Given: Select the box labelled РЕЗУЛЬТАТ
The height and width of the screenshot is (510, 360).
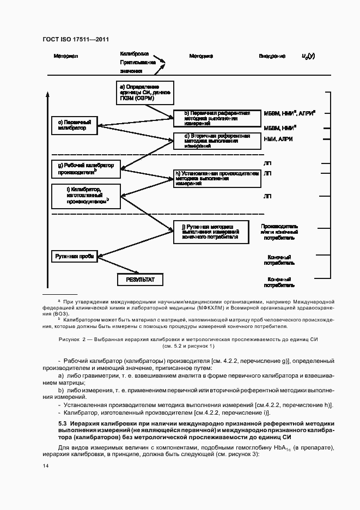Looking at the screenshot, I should point(141,280).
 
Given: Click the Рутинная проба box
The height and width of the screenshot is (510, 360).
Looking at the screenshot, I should point(74,256).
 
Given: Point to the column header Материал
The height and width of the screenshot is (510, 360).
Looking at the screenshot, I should point(66,56).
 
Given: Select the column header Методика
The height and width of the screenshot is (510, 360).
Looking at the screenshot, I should point(201,56).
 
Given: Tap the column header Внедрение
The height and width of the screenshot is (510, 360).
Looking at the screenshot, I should point(272,56).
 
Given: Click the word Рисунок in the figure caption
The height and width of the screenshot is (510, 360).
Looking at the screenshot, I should point(70,339).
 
